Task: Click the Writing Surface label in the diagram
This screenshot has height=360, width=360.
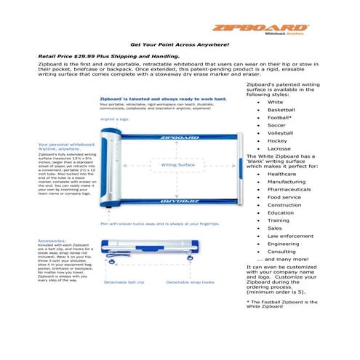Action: (x=177, y=165)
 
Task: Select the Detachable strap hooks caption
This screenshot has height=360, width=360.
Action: (x=191, y=281)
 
